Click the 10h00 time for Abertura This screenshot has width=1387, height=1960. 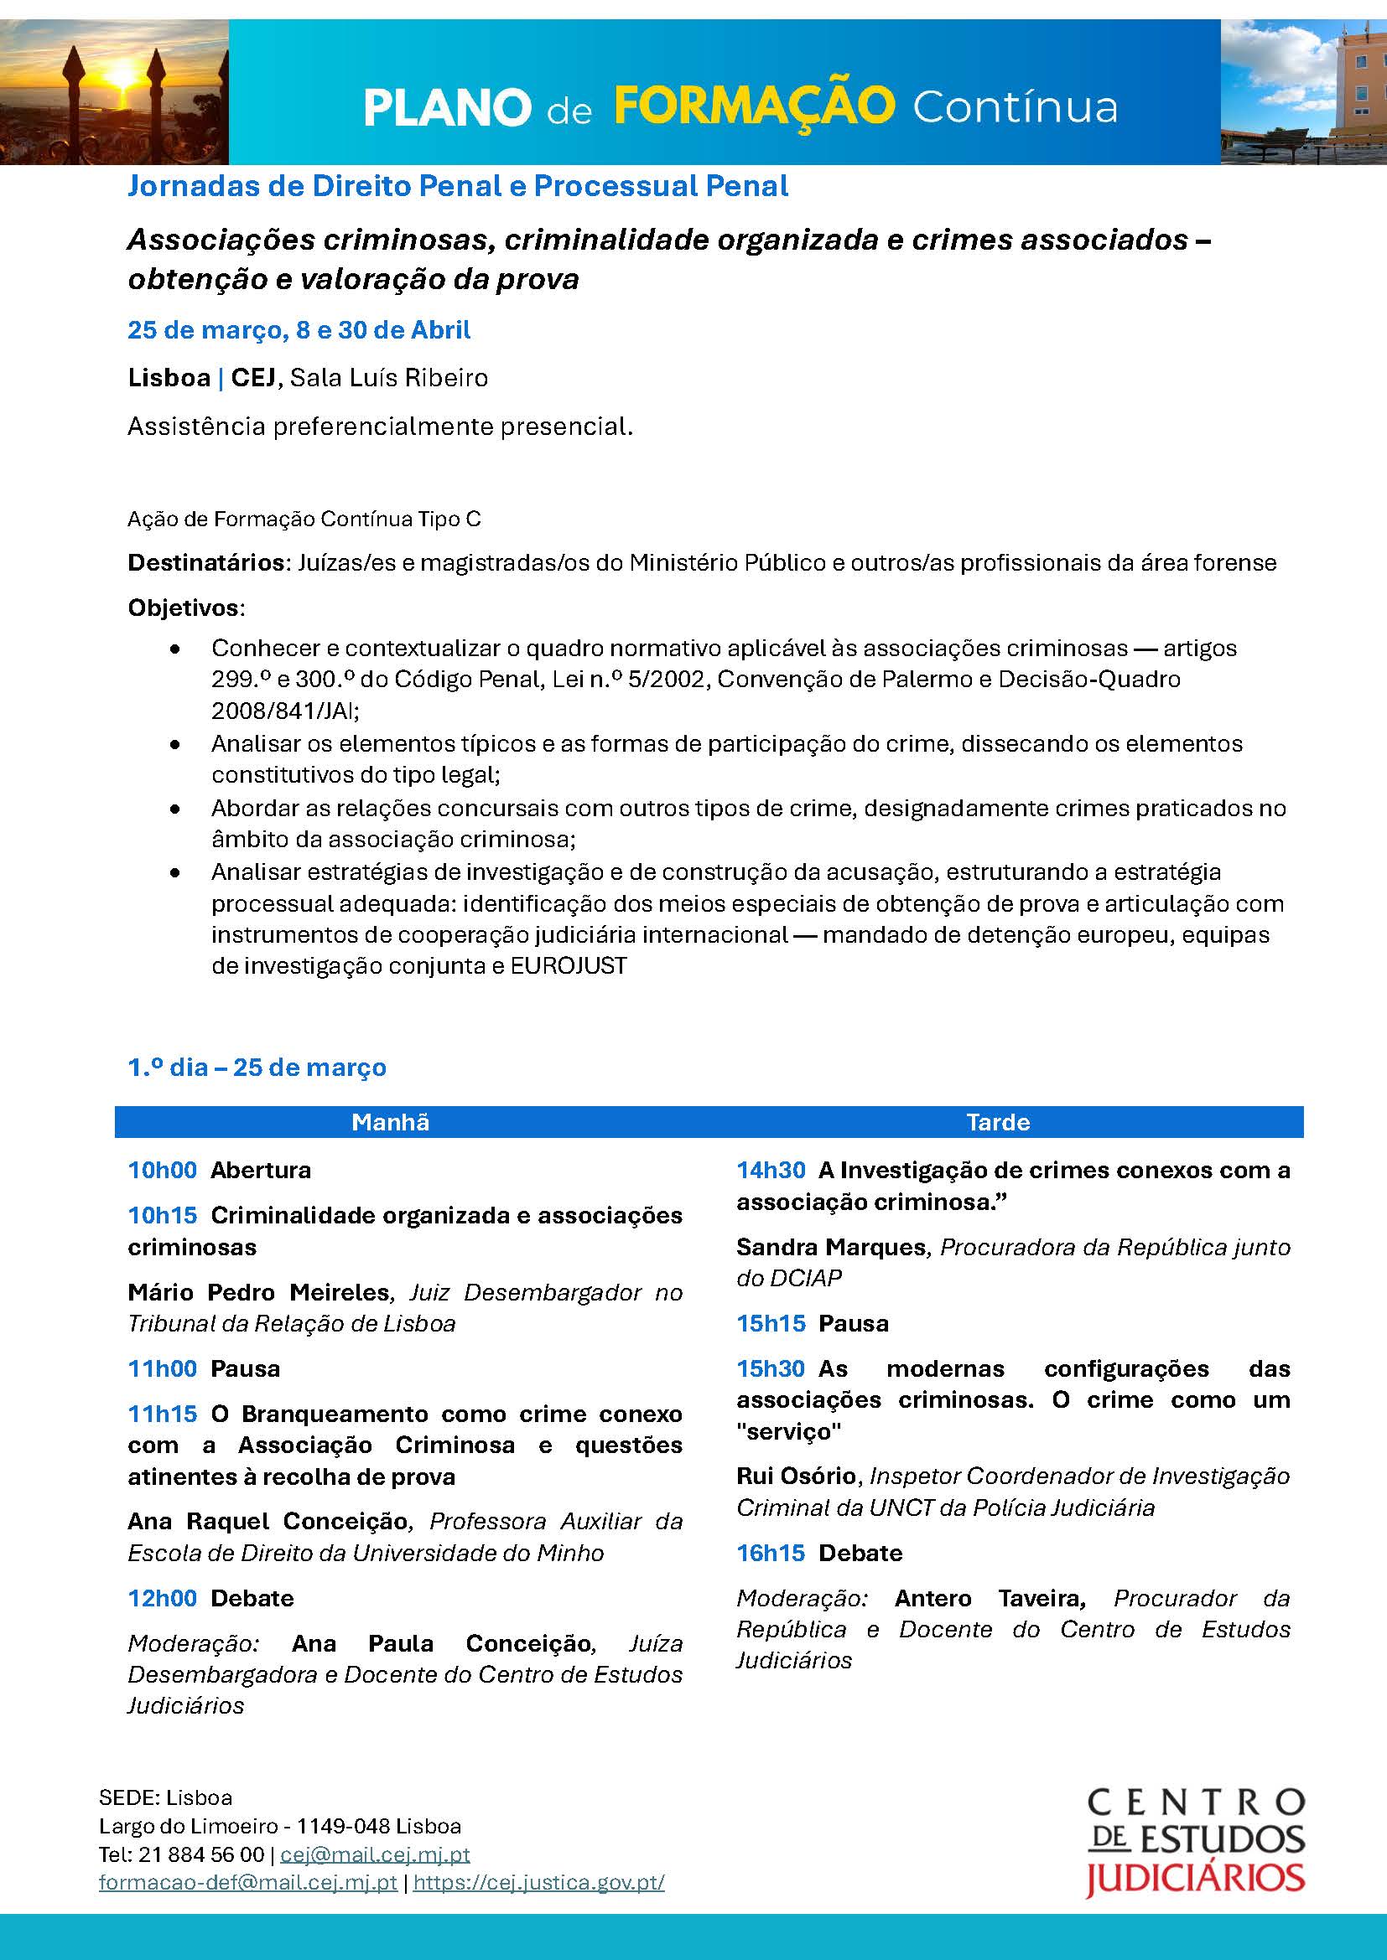(163, 1170)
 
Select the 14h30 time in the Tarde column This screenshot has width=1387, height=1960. (771, 1170)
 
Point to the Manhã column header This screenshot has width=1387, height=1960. (390, 1122)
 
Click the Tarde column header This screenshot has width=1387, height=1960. (998, 1122)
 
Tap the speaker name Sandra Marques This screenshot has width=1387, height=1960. (830, 1247)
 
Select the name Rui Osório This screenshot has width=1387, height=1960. (796, 1476)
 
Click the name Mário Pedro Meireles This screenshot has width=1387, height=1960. (258, 1292)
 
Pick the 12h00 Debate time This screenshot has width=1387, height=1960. (163, 1598)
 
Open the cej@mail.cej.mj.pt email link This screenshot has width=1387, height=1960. (375, 1854)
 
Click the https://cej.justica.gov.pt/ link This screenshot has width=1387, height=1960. (538, 1882)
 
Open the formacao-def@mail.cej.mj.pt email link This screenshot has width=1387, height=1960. (247, 1882)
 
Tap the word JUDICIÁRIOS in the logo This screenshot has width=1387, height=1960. (1194, 1879)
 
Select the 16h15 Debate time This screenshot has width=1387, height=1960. (771, 1553)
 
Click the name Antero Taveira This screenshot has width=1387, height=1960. (989, 1598)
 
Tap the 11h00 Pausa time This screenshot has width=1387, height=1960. (163, 1368)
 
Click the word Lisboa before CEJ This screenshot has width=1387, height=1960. (169, 377)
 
